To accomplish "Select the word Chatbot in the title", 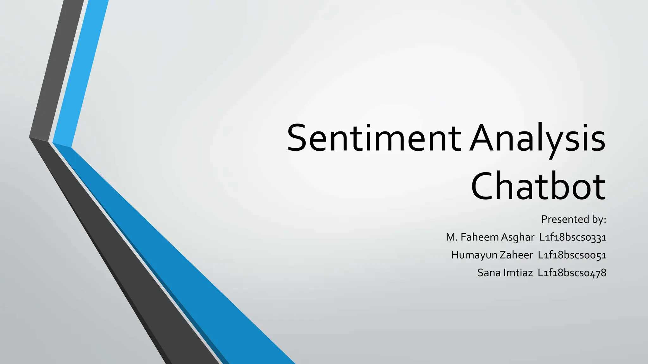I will pos(538,186).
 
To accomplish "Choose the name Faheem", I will pos(480,237).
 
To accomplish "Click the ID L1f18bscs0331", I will pos(573,237).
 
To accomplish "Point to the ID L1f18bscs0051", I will pos(572,255).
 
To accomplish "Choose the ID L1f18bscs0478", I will pos(572,273).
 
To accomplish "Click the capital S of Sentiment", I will pos(297,138).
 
